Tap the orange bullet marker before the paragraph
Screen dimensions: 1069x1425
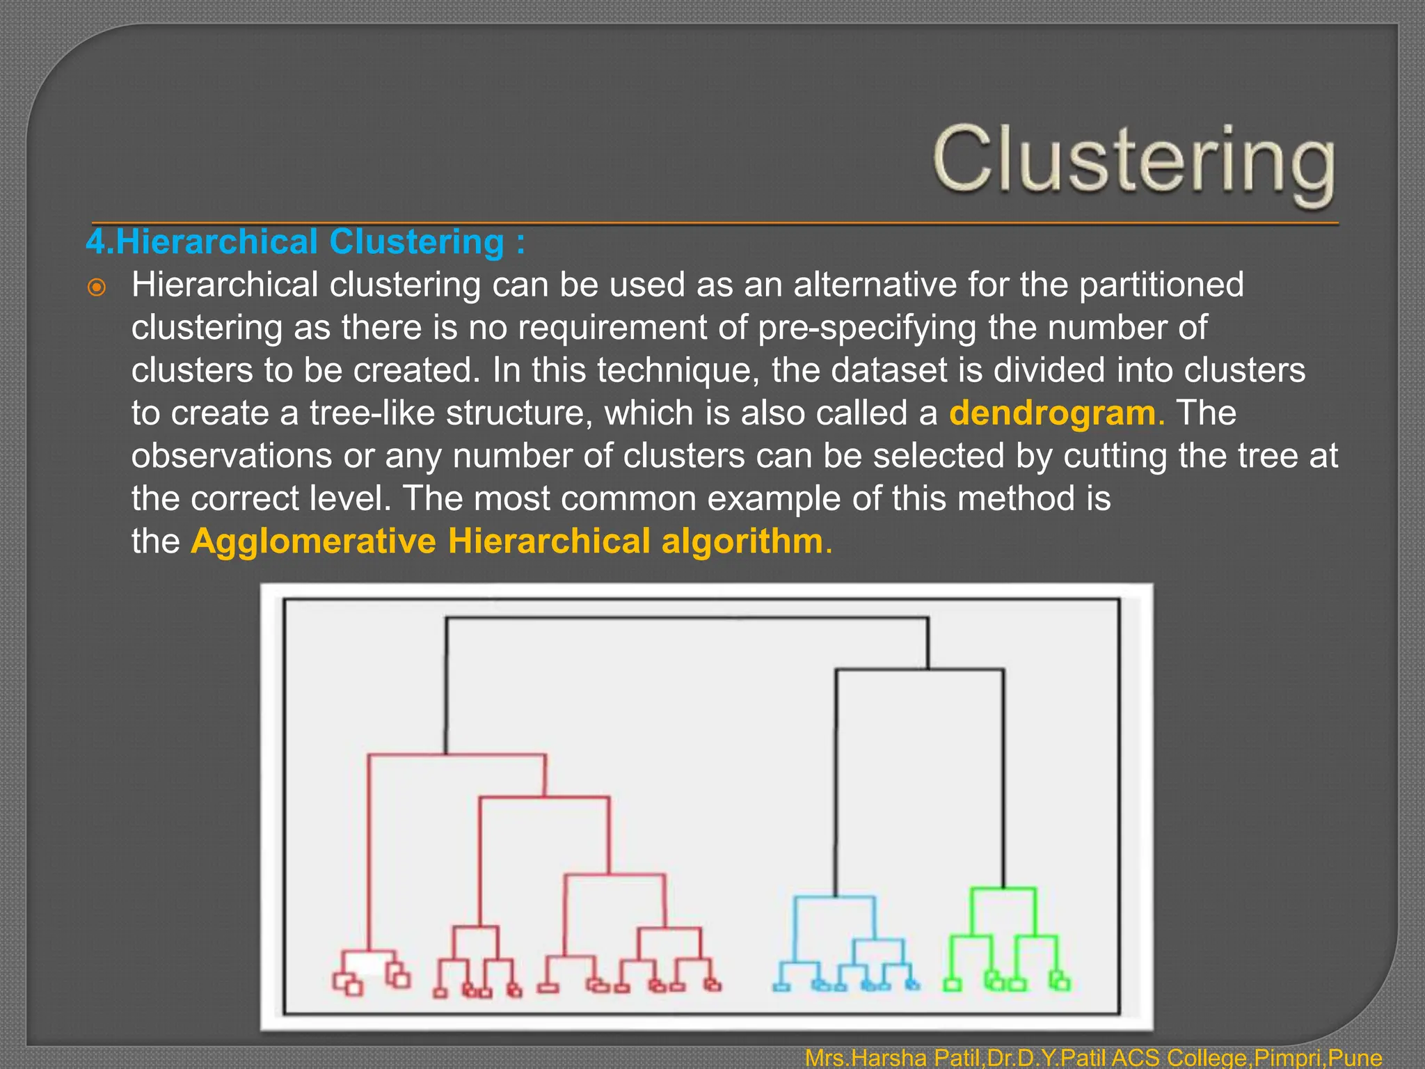[97, 287]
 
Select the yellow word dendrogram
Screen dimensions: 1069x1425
[1052, 413]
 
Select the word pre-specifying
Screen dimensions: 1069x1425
[867, 328]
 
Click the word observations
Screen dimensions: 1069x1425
[232, 456]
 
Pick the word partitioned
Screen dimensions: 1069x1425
[1161, 285]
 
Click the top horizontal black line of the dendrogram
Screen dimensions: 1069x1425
[686, 617]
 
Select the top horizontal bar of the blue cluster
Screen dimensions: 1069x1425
[835, 897]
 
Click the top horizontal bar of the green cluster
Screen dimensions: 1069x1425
[1003, 888]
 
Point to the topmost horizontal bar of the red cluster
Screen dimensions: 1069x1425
[456, 754]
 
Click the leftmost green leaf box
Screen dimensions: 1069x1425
[952, 985]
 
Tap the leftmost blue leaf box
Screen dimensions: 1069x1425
[781, 986]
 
